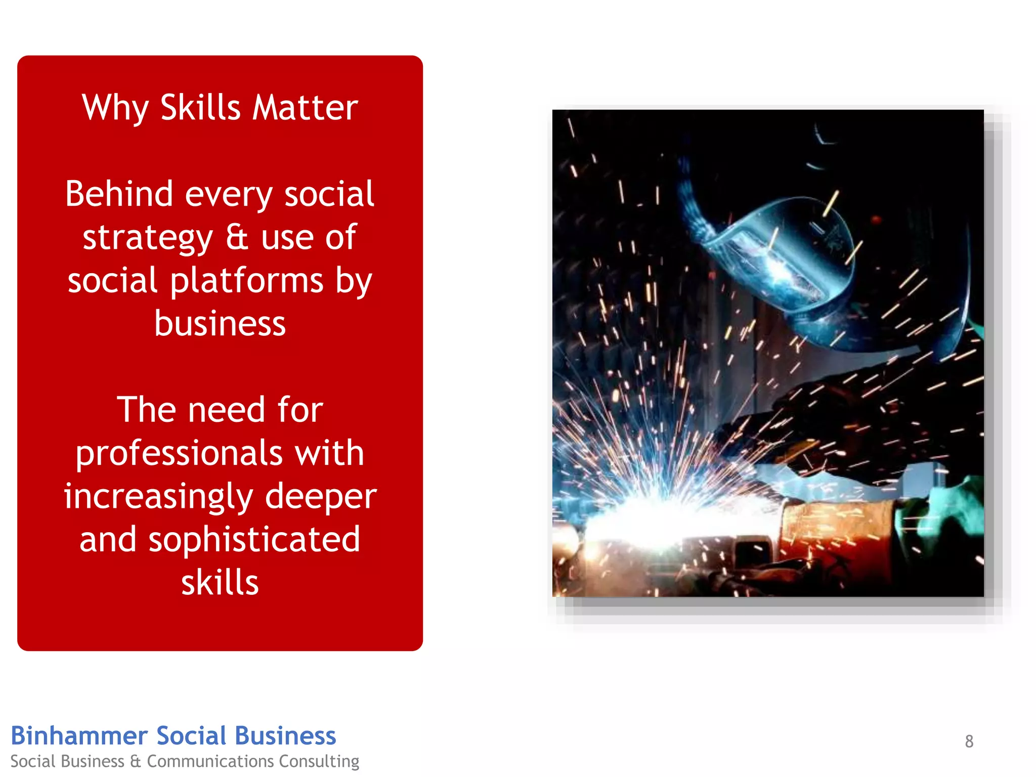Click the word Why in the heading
coord(115,108)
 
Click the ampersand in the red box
coord(237,237)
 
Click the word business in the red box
coord(220,323)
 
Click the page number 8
coord(969,741)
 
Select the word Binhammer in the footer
coord(79,736)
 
